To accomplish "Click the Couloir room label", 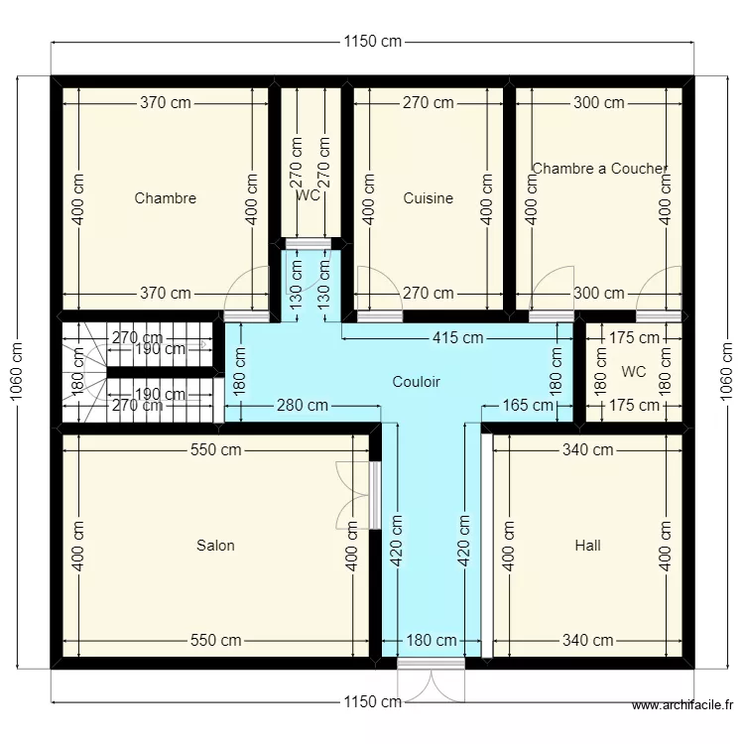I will point(416,381).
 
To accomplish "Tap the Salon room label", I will point(215,545).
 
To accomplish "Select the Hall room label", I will point(587,545).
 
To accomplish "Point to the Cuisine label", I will point(428,197).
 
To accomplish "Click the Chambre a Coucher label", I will point(599,169).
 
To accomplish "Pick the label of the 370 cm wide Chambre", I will point(165,197).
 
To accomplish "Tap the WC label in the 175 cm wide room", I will point(633,371).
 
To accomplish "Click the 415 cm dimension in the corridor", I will point(457,337).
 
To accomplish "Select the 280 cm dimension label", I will point(303,405).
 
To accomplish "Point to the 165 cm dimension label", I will point(528,405).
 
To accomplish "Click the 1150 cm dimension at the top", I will point(373,42).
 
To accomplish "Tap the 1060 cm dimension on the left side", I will point(17,370).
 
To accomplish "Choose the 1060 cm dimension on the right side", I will point(726,370).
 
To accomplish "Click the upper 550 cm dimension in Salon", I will point(215,449).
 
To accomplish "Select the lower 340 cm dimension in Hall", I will point(587,641).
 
